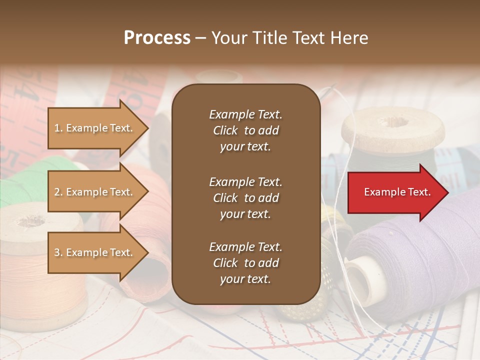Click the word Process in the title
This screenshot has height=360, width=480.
tap(157, 38)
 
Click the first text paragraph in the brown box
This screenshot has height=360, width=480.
tap(245, 130)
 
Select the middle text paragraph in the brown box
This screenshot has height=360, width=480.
tap(245, 198)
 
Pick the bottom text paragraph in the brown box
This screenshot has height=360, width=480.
tap(245, 263)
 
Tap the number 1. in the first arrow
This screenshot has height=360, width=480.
tap(58, 128)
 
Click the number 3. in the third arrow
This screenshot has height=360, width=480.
tap(58, 252)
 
